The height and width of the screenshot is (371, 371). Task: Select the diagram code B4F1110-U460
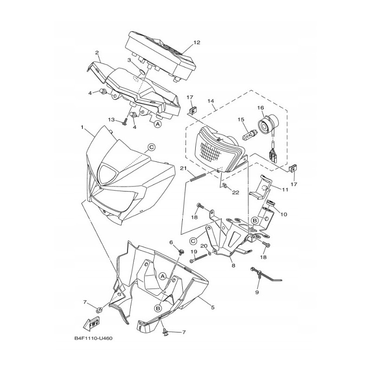click(x=94, y=339)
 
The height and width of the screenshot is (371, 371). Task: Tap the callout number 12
click(x=197, y=42)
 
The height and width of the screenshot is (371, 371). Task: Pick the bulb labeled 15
click(x=248, y=135)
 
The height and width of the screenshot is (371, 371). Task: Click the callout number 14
click(x=211, y=101)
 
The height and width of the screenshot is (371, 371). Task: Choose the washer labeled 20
click(x=210, y=254)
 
